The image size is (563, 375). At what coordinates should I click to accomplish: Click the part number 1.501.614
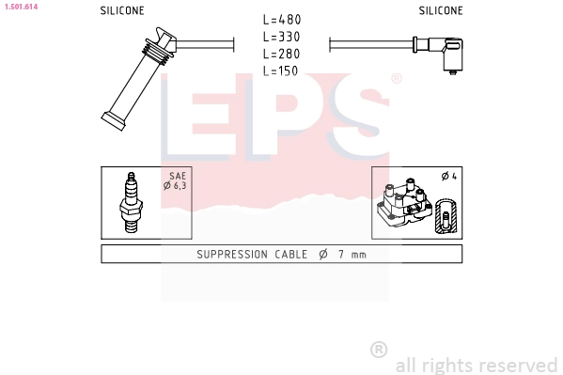[20, 6]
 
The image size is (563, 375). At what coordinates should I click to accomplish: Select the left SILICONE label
[122, 11]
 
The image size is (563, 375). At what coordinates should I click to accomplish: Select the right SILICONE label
[441, 11]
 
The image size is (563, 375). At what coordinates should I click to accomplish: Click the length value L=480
[282, 20]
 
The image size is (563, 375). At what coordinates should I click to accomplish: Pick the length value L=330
[282, 37]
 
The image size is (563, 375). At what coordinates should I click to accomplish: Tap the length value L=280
[282, 54]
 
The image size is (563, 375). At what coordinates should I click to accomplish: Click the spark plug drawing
[132, 203]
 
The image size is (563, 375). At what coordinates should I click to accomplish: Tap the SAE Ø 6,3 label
[176, 180]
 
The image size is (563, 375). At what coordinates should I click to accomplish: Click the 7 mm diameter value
[352, 255]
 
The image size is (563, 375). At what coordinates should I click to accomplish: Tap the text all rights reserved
[476, 365]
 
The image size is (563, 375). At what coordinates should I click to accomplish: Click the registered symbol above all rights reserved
[379, 350]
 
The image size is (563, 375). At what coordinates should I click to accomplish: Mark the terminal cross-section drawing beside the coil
[446, 217]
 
